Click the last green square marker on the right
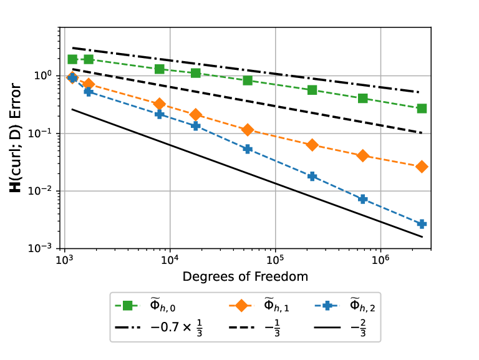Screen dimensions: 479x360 tap(422, 109)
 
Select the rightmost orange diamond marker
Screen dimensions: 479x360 tap(422, 167)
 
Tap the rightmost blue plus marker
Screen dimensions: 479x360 tap(422, 224)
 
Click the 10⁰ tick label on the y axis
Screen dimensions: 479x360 tap(42, 75)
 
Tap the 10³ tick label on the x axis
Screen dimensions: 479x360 tap(65, 259)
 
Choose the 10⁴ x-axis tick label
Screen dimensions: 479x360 tap(170, 259)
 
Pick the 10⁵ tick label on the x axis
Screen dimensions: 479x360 tap(275, 259)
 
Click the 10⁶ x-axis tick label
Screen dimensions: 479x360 tap(380, 259)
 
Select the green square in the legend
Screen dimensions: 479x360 tap(127, 305)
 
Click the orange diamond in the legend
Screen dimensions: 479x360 tap(241, 305)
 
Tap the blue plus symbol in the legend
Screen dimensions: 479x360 tap(327, 305)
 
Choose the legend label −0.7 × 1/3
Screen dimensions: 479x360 tap(177, 328)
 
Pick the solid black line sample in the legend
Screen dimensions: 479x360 tap(327, 328)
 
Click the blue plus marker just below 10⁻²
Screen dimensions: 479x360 tap(362, 199)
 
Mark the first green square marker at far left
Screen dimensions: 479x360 tap(72, 59)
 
